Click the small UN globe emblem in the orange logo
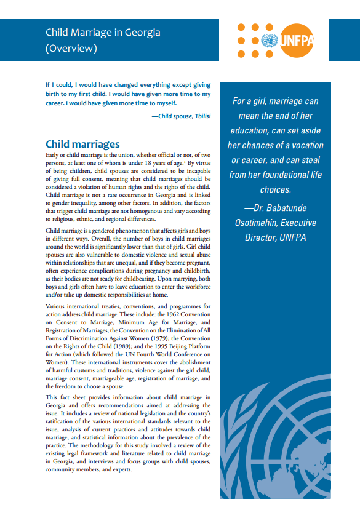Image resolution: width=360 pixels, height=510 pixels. [268, 42]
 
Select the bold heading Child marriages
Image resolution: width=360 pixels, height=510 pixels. [82, 144]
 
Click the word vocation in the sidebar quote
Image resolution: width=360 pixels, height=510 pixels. [305, 145]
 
